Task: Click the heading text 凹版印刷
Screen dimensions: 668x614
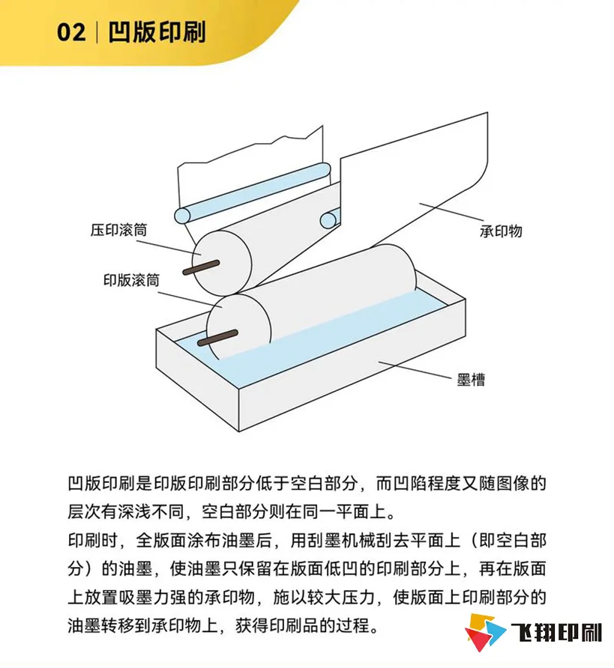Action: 157,34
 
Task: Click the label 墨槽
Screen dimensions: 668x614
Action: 471,380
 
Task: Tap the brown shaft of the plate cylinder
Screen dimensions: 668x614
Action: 217,337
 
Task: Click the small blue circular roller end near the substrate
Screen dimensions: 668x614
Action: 328,219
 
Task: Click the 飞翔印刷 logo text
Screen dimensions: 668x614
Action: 556,634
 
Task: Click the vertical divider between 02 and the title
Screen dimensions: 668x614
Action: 97,34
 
